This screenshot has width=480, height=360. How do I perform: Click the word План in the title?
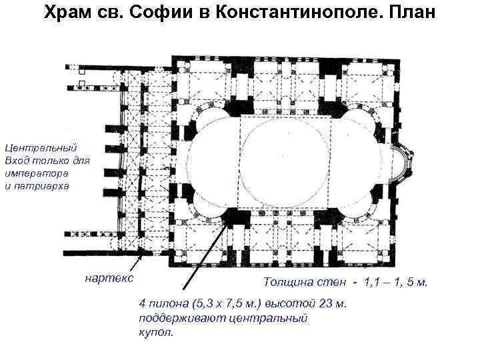pos(408,13)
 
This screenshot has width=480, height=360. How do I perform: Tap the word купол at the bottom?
pos(155,331)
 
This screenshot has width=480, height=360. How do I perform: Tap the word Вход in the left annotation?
pos(17,160)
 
